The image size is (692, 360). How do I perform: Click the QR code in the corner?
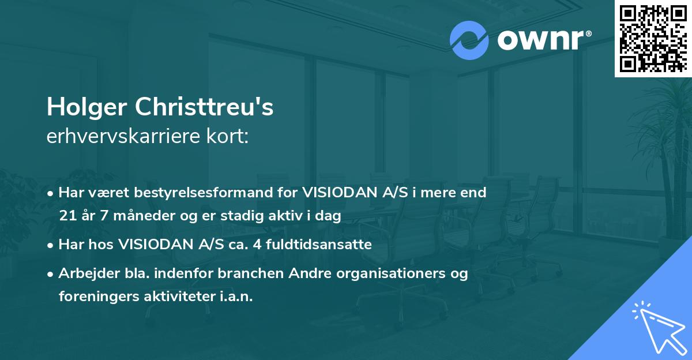(x=653, y=38)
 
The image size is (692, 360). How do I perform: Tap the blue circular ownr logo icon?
(x=469, y=40)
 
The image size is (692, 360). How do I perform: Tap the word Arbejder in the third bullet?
(x=85, y=273)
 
